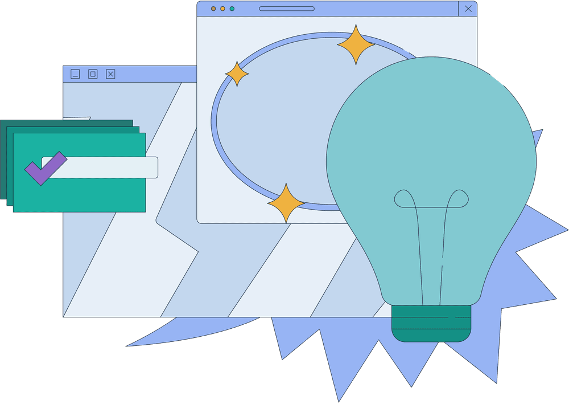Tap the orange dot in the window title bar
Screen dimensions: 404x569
[213, 9]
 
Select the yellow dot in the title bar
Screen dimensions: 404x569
[222, 9]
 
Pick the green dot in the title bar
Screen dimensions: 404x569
[232, 9]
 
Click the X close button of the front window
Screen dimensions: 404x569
[468, 9]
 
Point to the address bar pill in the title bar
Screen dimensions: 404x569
[287, 9]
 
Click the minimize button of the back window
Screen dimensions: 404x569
[75, 74]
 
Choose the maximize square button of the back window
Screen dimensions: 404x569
[93, 74]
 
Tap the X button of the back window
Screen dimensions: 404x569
[110, 74]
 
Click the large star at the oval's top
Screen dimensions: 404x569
[356, 44]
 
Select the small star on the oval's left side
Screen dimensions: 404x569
[237, 74]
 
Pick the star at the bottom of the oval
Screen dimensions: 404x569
[286, 203]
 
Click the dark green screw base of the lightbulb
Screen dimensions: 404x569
[431, 323]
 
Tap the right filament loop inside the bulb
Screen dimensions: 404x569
[458, 199]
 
